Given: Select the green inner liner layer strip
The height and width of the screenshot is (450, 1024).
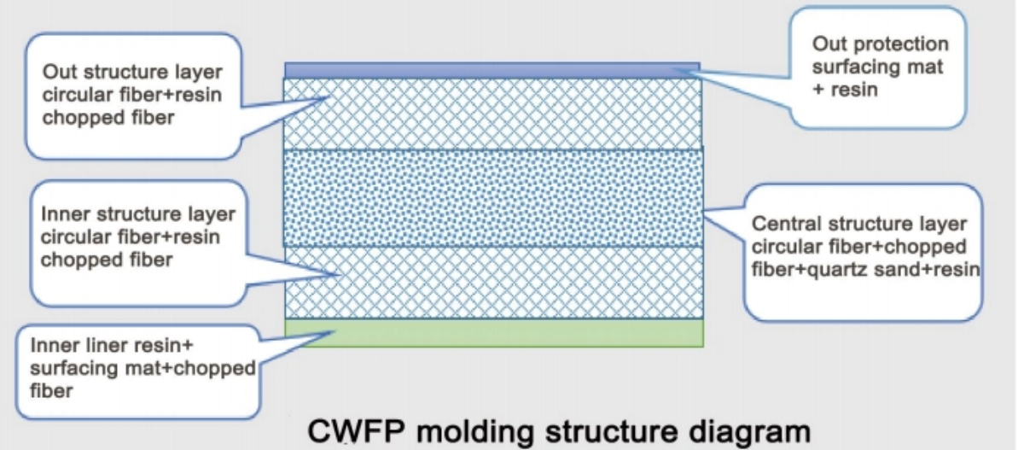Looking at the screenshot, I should tap(493, 332).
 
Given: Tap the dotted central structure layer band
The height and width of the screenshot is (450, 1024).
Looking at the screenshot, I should tap(493, 198).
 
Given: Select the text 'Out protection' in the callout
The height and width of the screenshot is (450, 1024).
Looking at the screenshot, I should tap(880, 44).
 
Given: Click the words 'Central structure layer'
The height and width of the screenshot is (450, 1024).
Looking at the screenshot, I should tap(859, 225).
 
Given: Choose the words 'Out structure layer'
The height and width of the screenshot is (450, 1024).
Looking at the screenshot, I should tap(131, 71).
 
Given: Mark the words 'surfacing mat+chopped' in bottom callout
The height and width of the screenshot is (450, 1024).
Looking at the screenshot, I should tap(142, 369).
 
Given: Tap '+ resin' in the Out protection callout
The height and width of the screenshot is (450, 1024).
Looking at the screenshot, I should tap(845, 89).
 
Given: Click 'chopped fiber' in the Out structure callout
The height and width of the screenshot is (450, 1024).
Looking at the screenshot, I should tap(108, 118).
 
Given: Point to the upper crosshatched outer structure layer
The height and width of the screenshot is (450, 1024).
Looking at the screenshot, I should tap(493, 114).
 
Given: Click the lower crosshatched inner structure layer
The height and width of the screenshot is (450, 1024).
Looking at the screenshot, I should tap(493, 283).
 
